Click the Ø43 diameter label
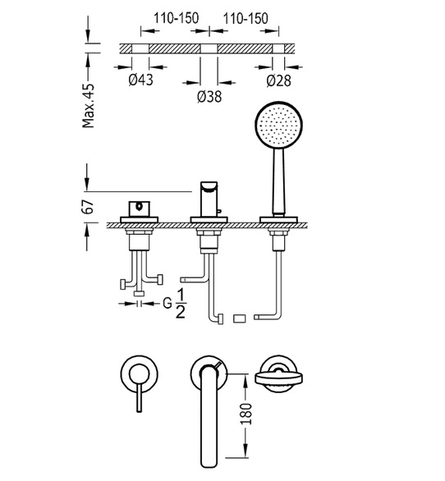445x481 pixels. pyautogui.click(x=140, y=80)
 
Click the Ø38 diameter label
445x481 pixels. pyautogui.click(x=209, y=96)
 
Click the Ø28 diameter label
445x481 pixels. pyautogui.click(x=278, y=80)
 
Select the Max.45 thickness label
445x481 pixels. pyautogui.click(x=89, y=106)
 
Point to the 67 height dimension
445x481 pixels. pyautogui.click(x=88, y=207)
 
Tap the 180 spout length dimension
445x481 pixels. pyautogui.click(x=245, y=414)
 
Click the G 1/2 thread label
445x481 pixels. pyautogui.click(x=174, y=304)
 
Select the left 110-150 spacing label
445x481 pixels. pyautogui.click(x=176, y=18)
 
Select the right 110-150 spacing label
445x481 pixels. pyautogui.click(x=245, y=18)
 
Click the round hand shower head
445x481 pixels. pyautogui.click(x=278, y=125)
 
